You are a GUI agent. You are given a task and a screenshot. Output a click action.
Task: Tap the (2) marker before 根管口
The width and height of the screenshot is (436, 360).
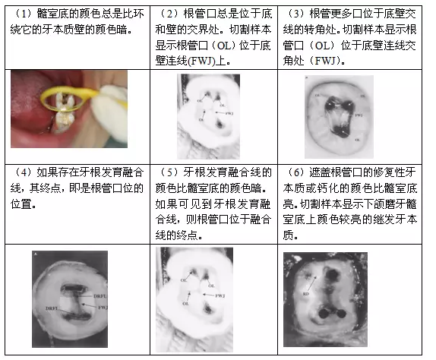tap(167, 12)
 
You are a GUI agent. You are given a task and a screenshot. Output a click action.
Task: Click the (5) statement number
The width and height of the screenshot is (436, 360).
tap(167, 172)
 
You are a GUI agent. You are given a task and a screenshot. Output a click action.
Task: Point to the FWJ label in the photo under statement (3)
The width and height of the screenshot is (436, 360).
tap(359, 114)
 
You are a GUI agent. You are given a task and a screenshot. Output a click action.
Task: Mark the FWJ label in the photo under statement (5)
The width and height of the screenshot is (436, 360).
tap(221, 294)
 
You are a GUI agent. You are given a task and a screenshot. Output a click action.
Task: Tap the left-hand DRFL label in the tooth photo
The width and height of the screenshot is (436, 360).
tap(52, 309)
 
